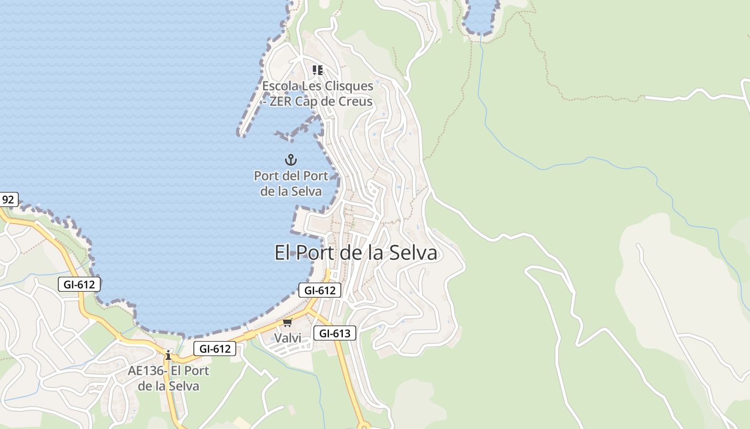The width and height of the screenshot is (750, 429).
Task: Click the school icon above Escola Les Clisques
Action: (318, 70)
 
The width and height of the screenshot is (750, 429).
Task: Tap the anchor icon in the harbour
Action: (290, 159)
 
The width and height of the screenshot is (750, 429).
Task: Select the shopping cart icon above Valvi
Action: (288, 322)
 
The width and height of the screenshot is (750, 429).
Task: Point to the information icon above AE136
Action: (168, 355)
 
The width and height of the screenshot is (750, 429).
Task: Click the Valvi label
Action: (288, 338)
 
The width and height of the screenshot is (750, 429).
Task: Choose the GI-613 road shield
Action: (335, 333)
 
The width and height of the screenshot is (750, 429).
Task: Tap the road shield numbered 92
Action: (8, 199)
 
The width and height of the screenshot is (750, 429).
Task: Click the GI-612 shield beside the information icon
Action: (215, 349)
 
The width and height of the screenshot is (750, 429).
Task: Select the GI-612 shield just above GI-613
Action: (320, 290)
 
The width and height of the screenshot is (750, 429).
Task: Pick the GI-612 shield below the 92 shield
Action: (79, 284)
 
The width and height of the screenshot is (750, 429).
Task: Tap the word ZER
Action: (281, 101)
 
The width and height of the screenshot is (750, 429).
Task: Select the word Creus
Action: (355, 101)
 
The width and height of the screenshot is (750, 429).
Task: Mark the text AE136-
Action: (146, 371)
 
